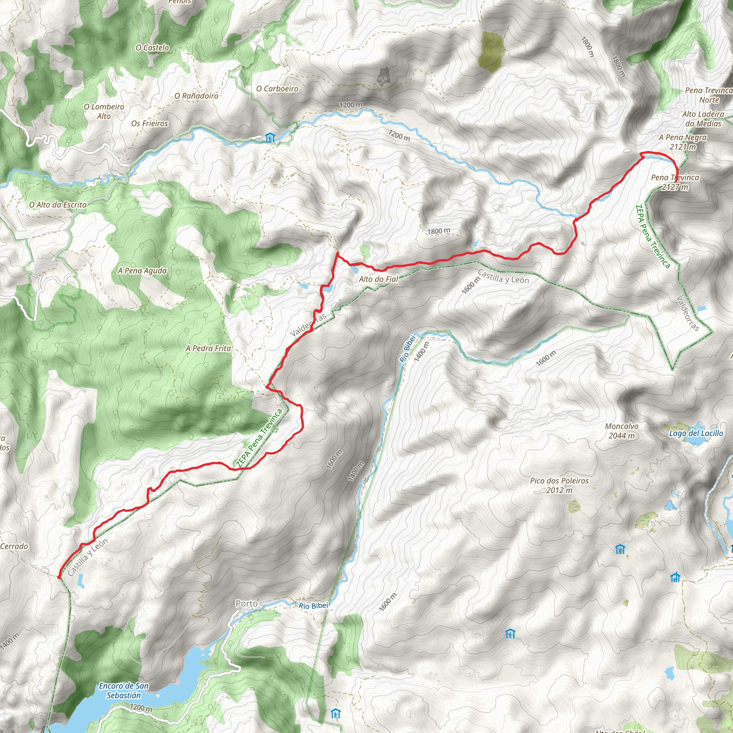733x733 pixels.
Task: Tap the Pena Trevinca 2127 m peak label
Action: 675,182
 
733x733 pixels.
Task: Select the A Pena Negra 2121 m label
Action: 683,142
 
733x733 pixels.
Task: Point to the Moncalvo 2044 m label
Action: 621,431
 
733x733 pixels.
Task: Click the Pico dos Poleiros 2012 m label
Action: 559,485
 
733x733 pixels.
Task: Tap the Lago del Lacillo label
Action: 696,433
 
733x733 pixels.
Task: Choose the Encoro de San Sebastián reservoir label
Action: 124,690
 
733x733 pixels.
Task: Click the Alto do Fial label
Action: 378,279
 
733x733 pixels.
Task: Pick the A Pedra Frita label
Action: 208,348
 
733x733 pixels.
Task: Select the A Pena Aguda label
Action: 142,271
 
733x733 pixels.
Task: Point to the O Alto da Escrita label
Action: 58,205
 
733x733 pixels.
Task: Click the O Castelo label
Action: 152,48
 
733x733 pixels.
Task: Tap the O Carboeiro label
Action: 277,89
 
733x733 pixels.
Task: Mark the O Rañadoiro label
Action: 196,96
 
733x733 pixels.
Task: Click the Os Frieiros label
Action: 150,124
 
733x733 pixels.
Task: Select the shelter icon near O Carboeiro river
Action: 270,138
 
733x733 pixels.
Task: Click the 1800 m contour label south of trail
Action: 438,231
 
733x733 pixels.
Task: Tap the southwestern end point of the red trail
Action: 59,577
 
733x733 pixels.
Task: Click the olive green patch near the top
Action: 491,52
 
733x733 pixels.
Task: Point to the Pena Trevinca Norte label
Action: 708,95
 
